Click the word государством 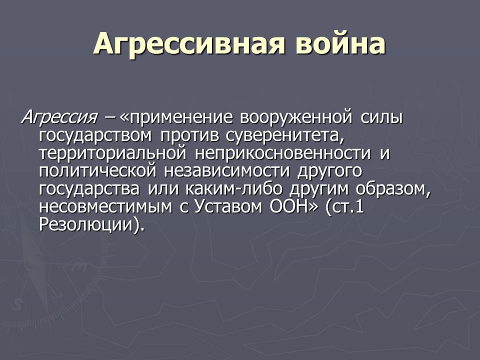click(x=95, y=135)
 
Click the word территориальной click(x=112, y=153)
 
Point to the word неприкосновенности click(x=282, y=153)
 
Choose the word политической click(x=97, y=171)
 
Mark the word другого click(x=329, y=171)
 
